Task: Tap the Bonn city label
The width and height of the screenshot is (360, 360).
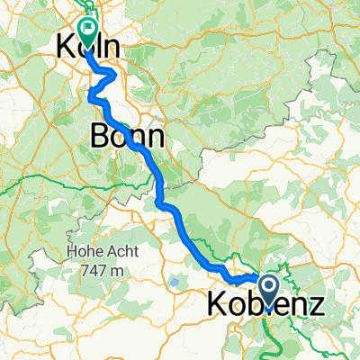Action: click(127, 137)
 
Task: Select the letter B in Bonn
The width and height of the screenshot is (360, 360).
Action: click(100, 137)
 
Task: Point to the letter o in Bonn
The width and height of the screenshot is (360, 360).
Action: click(121, 138)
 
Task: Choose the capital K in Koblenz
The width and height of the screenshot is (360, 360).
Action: click(220, 305)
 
